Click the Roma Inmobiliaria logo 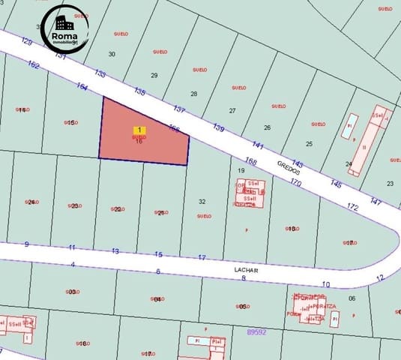64,30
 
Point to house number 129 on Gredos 28,41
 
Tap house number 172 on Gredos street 353,205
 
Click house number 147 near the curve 376,202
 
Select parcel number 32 202,201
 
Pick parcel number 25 309,143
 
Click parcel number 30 112,54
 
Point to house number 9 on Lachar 26,244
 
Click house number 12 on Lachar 379,277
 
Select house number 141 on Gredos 258,145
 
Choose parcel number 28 194,94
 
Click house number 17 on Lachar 202,258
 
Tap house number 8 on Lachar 244,278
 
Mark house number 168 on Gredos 251,161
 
